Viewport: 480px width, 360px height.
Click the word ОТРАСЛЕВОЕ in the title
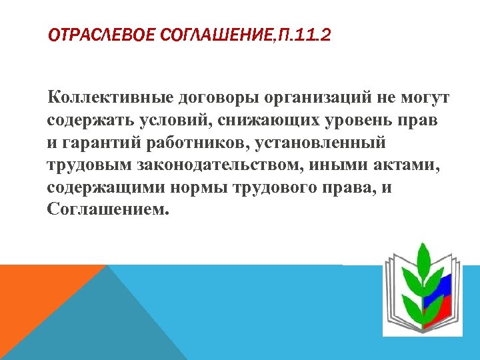coord(103,34)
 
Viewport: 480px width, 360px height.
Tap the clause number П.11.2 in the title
coord(301,34)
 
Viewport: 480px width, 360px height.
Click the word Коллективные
coord(108,99)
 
